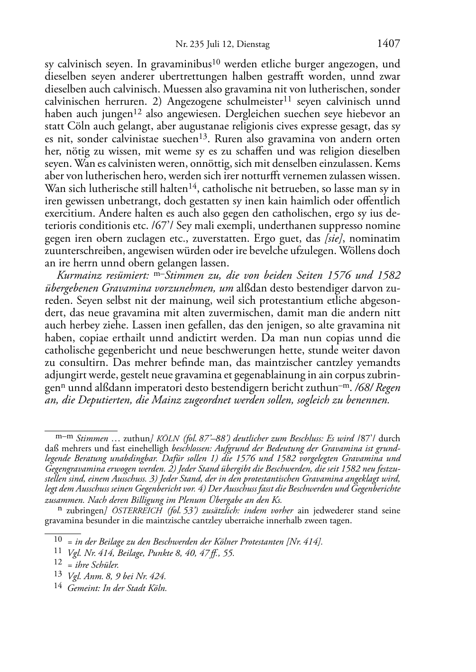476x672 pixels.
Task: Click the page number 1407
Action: (388, 44)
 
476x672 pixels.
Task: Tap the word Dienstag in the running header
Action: (253, 45)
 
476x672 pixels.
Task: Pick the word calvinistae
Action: (140, 139)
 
